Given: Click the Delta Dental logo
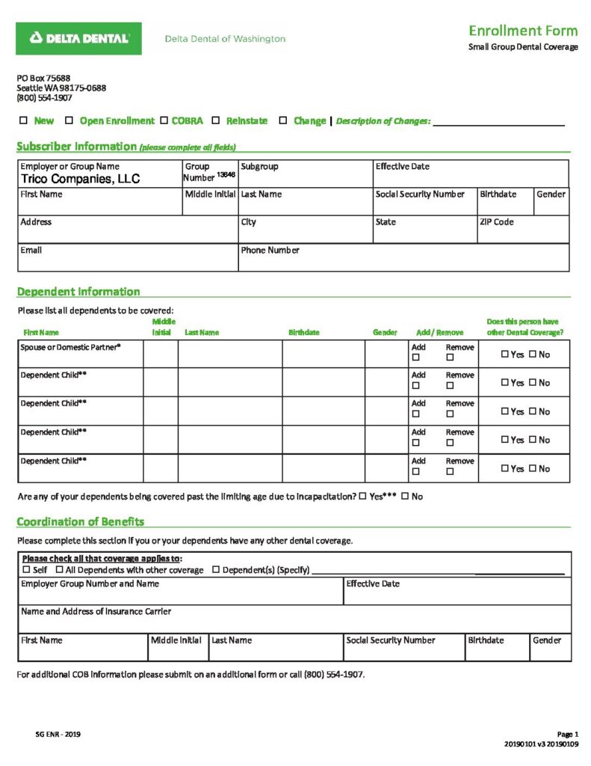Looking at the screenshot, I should (78, 38).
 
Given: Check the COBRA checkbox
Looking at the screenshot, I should (164, 120).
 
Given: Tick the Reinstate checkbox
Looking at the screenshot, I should (216, 120).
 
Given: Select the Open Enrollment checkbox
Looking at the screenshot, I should (69, 120).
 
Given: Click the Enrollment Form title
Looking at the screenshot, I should (522, 31).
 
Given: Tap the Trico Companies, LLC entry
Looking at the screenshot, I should (80, 180).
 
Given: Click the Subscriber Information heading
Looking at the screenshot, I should (76, 147).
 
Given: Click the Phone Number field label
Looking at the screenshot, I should (270, 250).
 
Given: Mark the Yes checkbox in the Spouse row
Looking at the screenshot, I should (505, 355).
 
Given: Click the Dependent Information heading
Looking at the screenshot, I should (78, 292).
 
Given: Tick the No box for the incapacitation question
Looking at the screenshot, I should (405, 497).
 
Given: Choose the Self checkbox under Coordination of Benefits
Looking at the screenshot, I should (25, 570).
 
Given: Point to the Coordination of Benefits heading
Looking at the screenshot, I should (81, 521).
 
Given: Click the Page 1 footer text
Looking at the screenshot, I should (567, 734).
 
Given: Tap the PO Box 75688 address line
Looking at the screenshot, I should (44, 78).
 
